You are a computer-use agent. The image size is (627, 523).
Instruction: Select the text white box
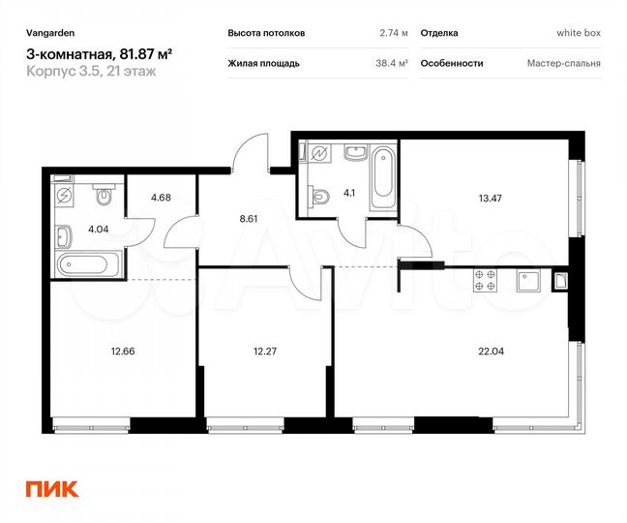tap(579, 33)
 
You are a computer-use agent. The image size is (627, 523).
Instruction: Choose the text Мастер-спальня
tap(564, 63)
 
